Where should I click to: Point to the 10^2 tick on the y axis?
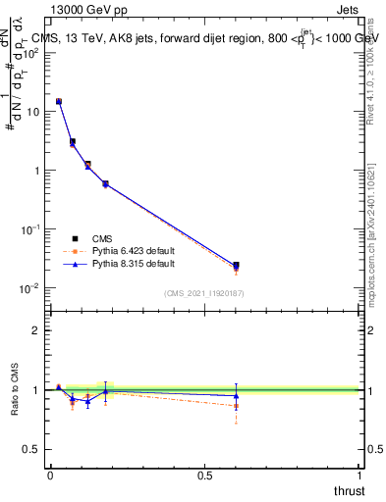coord(31,53)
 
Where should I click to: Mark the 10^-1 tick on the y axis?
coord(31,229)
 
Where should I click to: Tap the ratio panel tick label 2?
coord(36,330)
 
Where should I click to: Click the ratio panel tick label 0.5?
coord(32,449)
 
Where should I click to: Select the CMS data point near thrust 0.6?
coord(236,265)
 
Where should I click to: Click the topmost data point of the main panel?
coord(59,101)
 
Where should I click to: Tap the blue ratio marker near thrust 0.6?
coord(236,395)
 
